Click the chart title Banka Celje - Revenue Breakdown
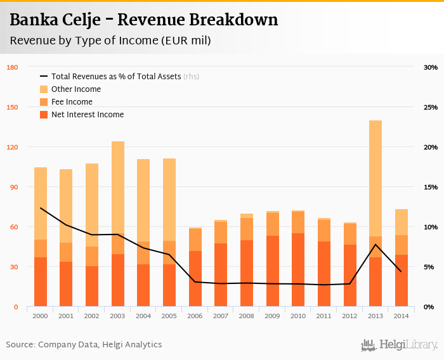144,20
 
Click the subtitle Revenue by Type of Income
110,41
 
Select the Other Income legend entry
75,89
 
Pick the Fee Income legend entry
72,102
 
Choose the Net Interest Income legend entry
88,115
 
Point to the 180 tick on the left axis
12,67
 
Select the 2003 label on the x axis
118,315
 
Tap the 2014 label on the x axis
402,315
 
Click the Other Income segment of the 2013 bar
375,178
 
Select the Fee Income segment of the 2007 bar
221,233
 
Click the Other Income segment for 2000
41,203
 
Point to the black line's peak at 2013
375,245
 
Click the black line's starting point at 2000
41,208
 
